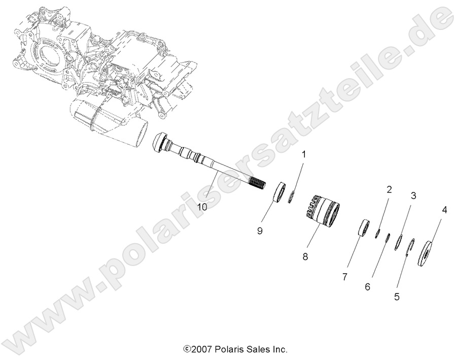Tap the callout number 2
[x=389, y=190]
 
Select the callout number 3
[x=413, y=195]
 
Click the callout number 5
[x=397, y=297]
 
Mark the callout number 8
[x=305, y=257]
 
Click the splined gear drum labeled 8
[x=310, y=213]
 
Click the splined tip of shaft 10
[x=259, y=184]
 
